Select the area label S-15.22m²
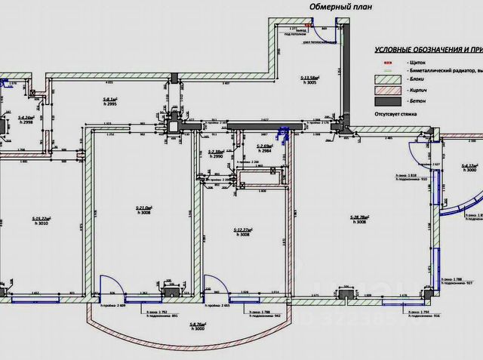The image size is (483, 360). pos(46,220)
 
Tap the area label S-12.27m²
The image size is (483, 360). pos(243,229)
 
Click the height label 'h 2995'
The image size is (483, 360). pos(110,104)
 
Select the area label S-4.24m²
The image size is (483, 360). pos(26,119)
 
